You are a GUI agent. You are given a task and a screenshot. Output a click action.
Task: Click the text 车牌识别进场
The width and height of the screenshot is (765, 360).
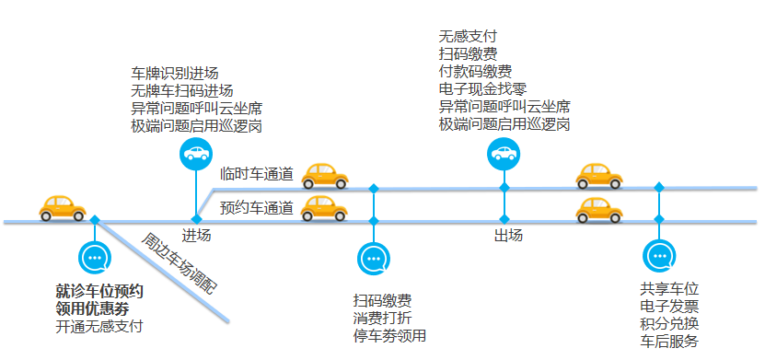click(175, 74)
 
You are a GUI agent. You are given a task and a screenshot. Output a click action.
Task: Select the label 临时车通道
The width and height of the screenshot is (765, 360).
click(257, 173)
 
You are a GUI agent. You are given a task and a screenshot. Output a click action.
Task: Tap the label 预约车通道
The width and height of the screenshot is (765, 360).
click(257, 207)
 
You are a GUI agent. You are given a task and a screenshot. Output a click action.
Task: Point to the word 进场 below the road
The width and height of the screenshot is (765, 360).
click(196, 236)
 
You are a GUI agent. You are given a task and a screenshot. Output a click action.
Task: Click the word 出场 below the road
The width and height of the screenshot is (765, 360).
click(508, 236)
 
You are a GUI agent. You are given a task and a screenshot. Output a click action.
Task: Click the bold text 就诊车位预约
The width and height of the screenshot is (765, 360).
click(99, 292)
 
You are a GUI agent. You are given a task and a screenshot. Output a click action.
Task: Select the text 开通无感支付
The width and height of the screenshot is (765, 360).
click(99, 326)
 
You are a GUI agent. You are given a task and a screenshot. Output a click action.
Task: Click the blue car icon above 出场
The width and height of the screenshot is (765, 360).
click(504, 153)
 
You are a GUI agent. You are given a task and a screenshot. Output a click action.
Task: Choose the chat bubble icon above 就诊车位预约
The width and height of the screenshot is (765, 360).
click(94, 258)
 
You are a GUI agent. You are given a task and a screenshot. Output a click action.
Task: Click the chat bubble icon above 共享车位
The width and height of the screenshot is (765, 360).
click(659, 257)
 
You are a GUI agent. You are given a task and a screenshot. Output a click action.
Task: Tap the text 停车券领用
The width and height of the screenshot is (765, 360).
click(389, 335)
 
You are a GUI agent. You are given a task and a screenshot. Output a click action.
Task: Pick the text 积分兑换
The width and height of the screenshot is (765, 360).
click(669, 324)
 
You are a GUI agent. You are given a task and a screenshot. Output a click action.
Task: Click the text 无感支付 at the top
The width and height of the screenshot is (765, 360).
click(469, 37)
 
